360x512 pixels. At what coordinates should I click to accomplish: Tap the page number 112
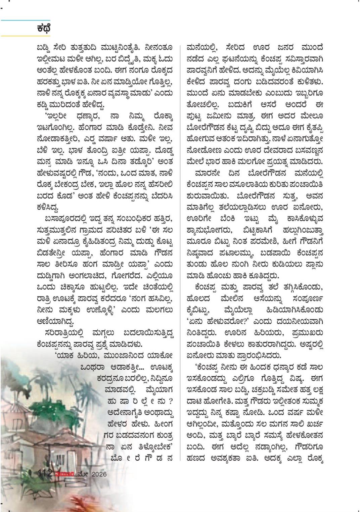pos(44,473)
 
